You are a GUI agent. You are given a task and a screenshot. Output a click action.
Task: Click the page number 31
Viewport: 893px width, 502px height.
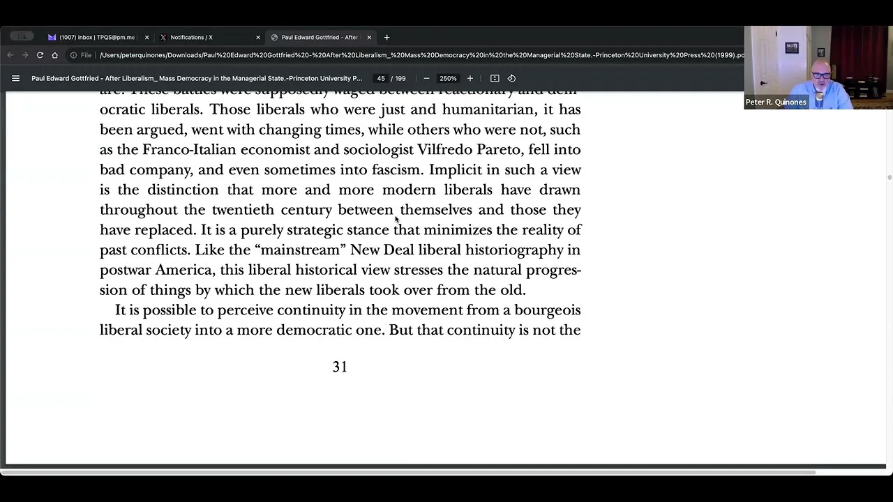(x=340, y=367)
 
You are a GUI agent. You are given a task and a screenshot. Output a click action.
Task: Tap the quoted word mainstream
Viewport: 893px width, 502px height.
(x=302, y=250)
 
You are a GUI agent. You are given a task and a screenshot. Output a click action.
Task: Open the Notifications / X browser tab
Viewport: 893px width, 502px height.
(x=191, y=38)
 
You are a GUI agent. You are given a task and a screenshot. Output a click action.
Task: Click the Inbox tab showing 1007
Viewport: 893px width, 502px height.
(x=96, y=38)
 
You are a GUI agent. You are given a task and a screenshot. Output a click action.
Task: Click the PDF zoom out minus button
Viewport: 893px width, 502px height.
(x=426, y=79)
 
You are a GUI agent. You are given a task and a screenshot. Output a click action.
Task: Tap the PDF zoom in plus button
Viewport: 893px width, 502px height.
(x=470, y=79)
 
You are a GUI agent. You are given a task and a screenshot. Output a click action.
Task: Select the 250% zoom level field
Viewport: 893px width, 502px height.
(x=448, y=79)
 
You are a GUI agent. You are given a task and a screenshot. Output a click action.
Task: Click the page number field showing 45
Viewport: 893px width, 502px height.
(x=381, y=79)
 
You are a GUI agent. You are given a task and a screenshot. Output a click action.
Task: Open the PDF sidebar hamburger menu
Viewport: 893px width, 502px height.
(x=15, y=79)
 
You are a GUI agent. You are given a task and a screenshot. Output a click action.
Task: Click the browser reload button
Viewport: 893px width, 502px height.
(x=40, y=55)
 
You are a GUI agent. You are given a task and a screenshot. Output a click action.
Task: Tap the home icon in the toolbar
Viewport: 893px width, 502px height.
(x=54, y=55)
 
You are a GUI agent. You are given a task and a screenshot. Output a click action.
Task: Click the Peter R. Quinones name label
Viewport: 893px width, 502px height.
(x=776, y=102)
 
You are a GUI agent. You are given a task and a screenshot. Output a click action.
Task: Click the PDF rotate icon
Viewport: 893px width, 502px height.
(x=511, y=79)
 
